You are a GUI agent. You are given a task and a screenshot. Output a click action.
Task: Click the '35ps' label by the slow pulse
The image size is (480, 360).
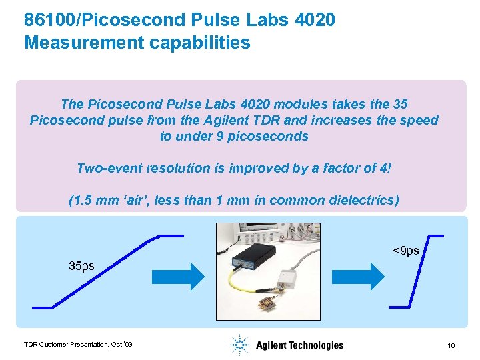[81, 266]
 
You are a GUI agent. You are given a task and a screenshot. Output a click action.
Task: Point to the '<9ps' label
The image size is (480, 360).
[405, 251]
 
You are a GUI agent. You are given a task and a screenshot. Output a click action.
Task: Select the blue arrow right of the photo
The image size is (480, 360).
[363, 276]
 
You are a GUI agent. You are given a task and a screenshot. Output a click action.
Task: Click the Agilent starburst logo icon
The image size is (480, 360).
[239, 345]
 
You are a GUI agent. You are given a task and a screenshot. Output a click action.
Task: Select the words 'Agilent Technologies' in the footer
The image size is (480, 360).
[299, 345]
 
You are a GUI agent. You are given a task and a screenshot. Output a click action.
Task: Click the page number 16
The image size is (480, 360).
[451, 345]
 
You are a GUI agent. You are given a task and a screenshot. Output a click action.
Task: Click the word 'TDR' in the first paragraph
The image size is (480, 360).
[234, 121]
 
